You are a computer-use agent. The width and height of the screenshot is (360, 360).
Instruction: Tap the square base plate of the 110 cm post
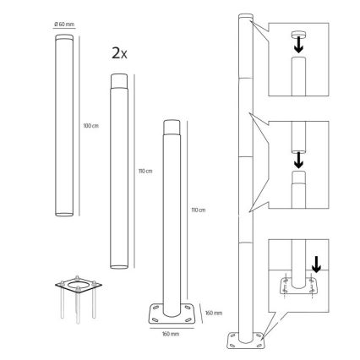[172, 318]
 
